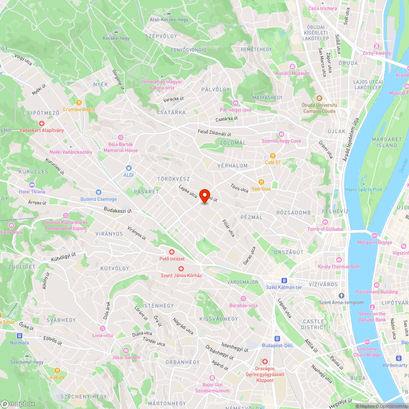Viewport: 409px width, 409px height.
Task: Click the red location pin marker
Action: point(204,195)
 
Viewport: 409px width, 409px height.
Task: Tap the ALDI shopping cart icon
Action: point(129,168)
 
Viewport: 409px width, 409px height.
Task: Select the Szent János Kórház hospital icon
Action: point(181,268)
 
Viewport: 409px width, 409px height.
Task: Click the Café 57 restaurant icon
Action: point(272,155)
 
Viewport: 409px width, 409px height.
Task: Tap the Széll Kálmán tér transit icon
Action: point(284,280)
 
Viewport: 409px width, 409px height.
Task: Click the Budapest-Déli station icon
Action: point(277,339)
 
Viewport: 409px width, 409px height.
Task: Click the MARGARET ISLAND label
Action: point(384,142)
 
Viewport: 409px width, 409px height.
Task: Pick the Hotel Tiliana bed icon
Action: point(32,184)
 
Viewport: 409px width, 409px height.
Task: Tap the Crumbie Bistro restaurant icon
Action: point(79,103)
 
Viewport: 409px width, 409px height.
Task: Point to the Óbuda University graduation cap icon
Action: point(319,98)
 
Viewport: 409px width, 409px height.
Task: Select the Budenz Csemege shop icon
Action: point(98,192)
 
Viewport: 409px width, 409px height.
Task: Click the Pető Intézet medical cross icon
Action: point(172,252)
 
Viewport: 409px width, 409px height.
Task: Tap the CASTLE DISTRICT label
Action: point(314,324)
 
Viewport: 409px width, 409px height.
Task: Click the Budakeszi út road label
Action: point(118,211)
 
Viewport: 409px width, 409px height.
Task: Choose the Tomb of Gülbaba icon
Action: point(325,222)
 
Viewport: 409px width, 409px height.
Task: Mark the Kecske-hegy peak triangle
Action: point(117,31)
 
